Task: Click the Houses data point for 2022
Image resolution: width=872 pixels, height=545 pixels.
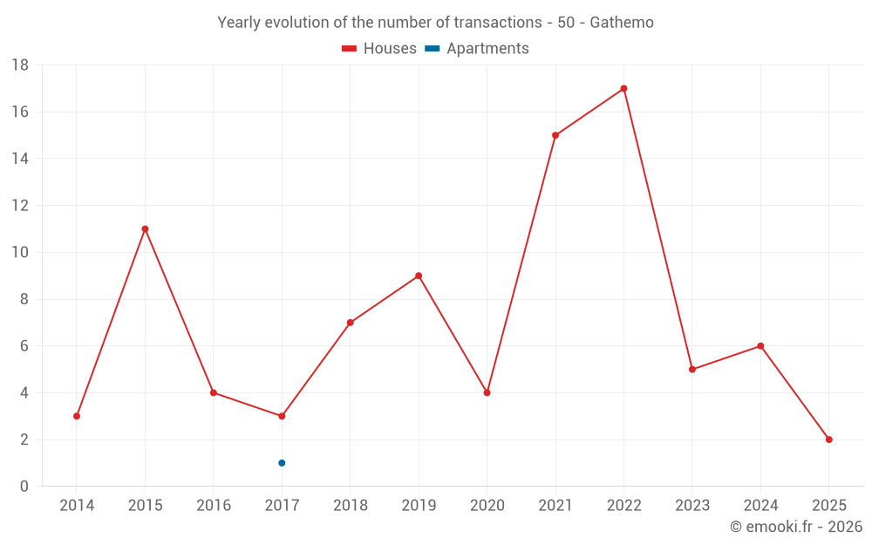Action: click(x=623, y=88)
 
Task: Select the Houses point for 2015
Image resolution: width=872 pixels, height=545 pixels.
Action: click(x=145, y=228)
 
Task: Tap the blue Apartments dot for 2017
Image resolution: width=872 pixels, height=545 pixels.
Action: click(x=282, y=463)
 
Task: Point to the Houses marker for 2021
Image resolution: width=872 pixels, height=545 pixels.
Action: click(x=555, y=135)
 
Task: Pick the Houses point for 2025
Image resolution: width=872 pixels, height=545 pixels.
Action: click(x=828, y=439)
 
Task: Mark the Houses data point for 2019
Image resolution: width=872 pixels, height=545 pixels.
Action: click(x=419, y=276)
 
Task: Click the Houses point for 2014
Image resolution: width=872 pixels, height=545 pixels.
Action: click(x=77, y=416)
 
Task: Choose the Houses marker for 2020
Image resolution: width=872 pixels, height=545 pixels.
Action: click(x=487, y=392)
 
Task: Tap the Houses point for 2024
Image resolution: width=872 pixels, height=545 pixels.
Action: click(x=760, y=346)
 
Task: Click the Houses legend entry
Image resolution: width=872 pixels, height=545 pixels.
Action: click(x=379, y=49)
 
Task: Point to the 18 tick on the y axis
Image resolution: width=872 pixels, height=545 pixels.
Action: click(x=20, y=65)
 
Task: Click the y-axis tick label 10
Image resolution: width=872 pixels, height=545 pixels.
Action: click(x=20, y=253)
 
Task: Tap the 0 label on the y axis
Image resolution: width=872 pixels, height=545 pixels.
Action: click(x=24, y=487)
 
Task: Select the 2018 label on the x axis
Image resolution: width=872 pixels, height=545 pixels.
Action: click(x=350, y=506)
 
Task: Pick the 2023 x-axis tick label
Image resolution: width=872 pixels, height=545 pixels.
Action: click(x=691, y=506)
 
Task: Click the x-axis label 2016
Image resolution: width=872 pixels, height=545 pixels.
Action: click(x=214, y=506)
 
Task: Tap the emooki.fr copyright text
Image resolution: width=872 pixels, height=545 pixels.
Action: click(x=796, y=527)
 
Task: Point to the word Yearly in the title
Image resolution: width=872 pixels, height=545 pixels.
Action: click(x=239, y=23)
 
